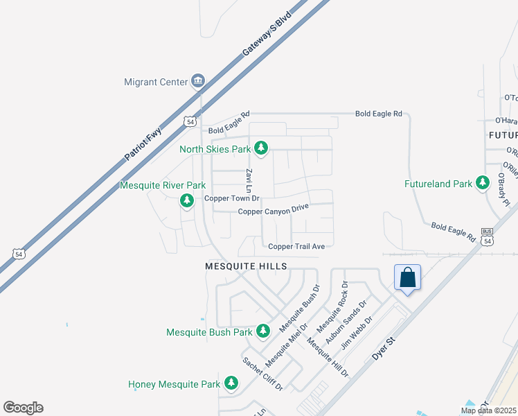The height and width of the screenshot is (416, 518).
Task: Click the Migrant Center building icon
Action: pyautogui.click(x=198, y=82)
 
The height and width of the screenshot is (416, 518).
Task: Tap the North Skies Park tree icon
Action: pyautogui.click(x=261, y=148)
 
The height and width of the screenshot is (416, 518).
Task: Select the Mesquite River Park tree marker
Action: pyautogui.click(x=186, y=201)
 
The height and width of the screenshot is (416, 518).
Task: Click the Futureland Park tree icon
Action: pyautogui.click(x=483, y=184)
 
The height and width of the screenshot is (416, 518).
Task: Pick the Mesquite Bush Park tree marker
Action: pyautogui.click(x=262, y=332)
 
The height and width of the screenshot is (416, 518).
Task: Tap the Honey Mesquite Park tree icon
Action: pyautogui.click(x=231, y=383)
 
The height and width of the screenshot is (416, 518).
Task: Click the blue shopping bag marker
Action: pyautogui.click(x=407, y=278)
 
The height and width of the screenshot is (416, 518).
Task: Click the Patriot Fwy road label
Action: pyautogui.click(x=143, y=144)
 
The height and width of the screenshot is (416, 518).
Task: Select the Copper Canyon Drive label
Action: pyautogui.click(x=273, y=210)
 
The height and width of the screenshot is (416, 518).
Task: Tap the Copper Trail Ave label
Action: pyautogui.click(x=296, y=246)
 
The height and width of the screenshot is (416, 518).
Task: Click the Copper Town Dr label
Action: pyautogui.click(x=231, y=199)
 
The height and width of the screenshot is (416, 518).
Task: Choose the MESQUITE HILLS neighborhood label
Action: pyautogui.click(x=246, y=266)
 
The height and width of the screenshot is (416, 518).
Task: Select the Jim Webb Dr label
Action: pyautogui.click(x=361, y=331)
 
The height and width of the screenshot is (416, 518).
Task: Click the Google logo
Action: pyautogui.click(x=24, y=408)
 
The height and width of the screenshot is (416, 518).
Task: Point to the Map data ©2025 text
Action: pyautogui.click(x=488, y=410)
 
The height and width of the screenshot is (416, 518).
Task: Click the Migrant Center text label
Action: pyautogui.click(x=156, y=82)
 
